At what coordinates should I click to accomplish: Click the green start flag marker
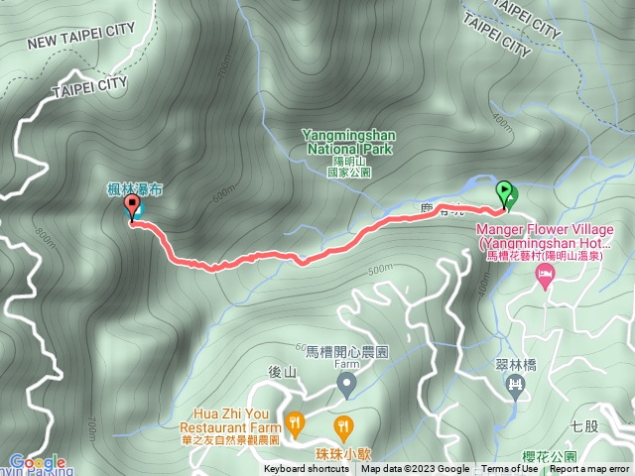click(505, 192)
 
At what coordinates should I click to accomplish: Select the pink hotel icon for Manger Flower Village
click(544, 276)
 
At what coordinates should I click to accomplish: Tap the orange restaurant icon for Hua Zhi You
click(295, 424)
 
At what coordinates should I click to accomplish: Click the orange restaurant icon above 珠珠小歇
click(343, 426)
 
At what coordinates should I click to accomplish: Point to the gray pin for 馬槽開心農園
click(346, 384)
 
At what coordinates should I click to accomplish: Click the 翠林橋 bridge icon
click(515, 384)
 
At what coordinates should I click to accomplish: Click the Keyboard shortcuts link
click(307, 469)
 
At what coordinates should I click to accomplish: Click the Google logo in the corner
click(38, 462)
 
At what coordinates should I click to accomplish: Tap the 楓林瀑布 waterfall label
click(128, 187)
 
